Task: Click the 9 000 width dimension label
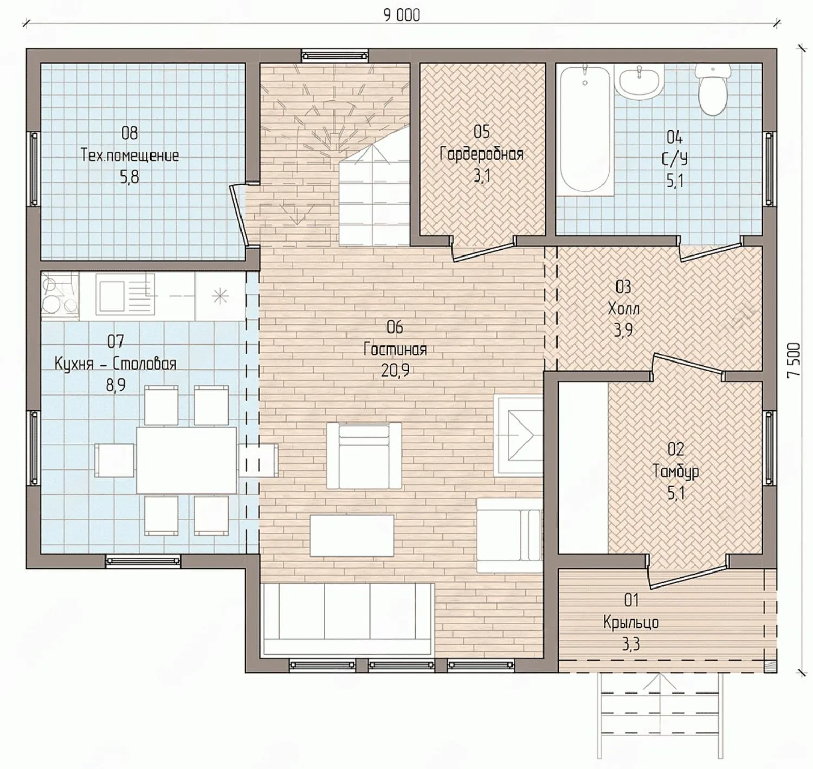402,15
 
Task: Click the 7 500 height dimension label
793,360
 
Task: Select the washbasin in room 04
638,82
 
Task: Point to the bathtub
585,130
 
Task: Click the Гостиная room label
395,350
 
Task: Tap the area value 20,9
395,371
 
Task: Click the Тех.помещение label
130,156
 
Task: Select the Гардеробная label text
482,154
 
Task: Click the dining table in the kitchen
186,460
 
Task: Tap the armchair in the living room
364,456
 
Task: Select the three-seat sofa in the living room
347,619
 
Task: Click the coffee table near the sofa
352,535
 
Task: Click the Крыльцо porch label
631,623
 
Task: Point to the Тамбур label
676,471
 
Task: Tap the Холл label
624,309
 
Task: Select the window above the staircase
335,56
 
